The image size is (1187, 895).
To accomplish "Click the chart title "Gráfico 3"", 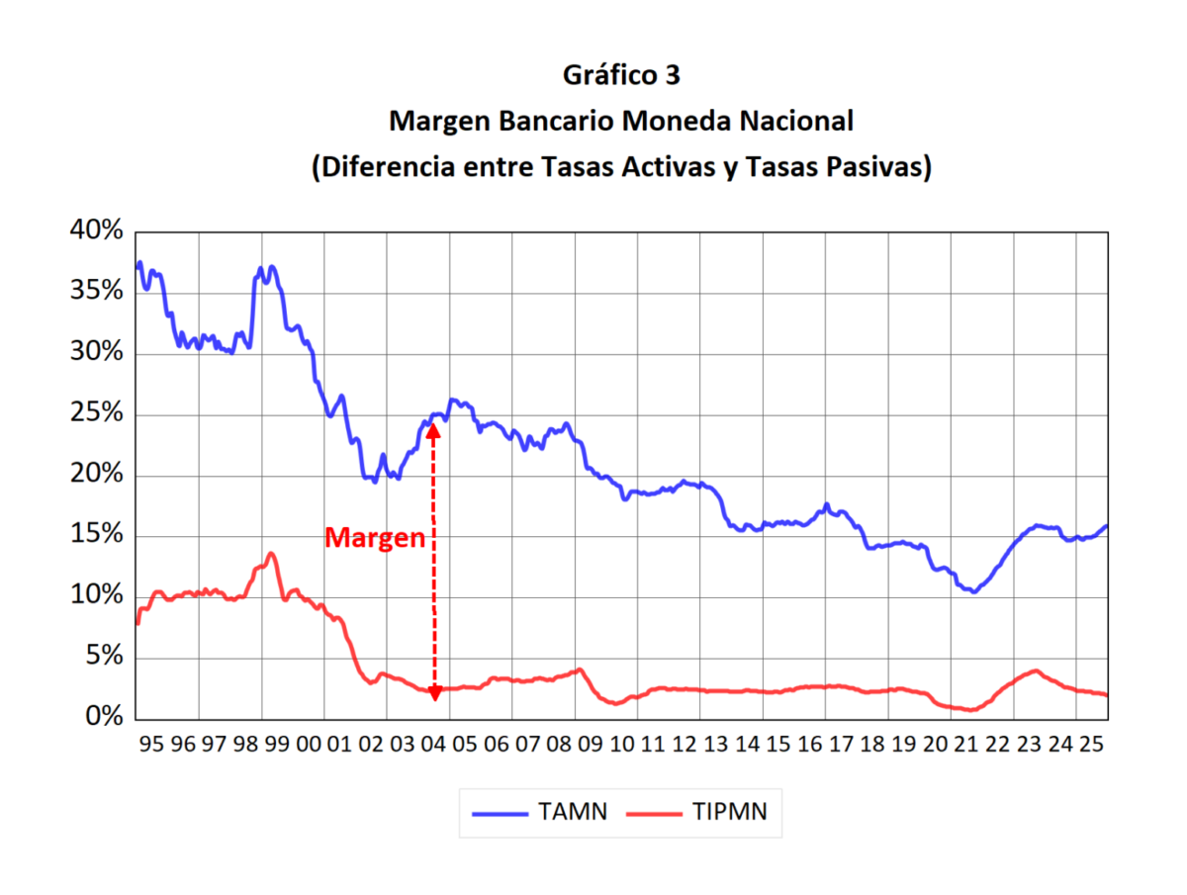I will click(621, 75).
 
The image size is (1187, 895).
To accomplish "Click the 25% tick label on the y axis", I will click(96, 414).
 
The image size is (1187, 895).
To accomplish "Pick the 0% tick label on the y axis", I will click(103, 718).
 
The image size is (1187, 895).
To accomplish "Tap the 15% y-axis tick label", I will click(96, 536).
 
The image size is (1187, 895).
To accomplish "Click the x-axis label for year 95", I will click(151, 744).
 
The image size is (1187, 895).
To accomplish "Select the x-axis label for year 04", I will click(433, 744).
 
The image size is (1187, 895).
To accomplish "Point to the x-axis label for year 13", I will click(715, 744).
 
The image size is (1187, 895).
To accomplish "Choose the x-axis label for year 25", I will click(1091, 744).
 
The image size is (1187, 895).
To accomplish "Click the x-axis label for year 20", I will click(935, 744).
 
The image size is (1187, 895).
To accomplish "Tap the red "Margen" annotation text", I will click(375, 539).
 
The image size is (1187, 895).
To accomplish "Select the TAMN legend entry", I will click(539, 812).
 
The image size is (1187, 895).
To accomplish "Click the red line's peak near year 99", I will click(271, 554).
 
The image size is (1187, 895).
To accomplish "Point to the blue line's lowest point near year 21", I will click(974, 591).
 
